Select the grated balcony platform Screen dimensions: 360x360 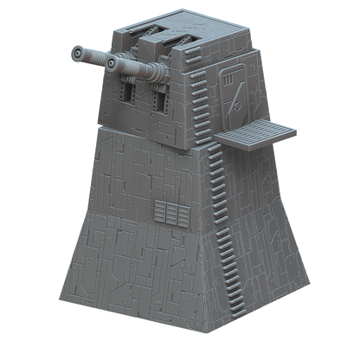[254, 133]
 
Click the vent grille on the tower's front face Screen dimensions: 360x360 [171, 213]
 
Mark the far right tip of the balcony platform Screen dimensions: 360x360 [295, 131]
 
